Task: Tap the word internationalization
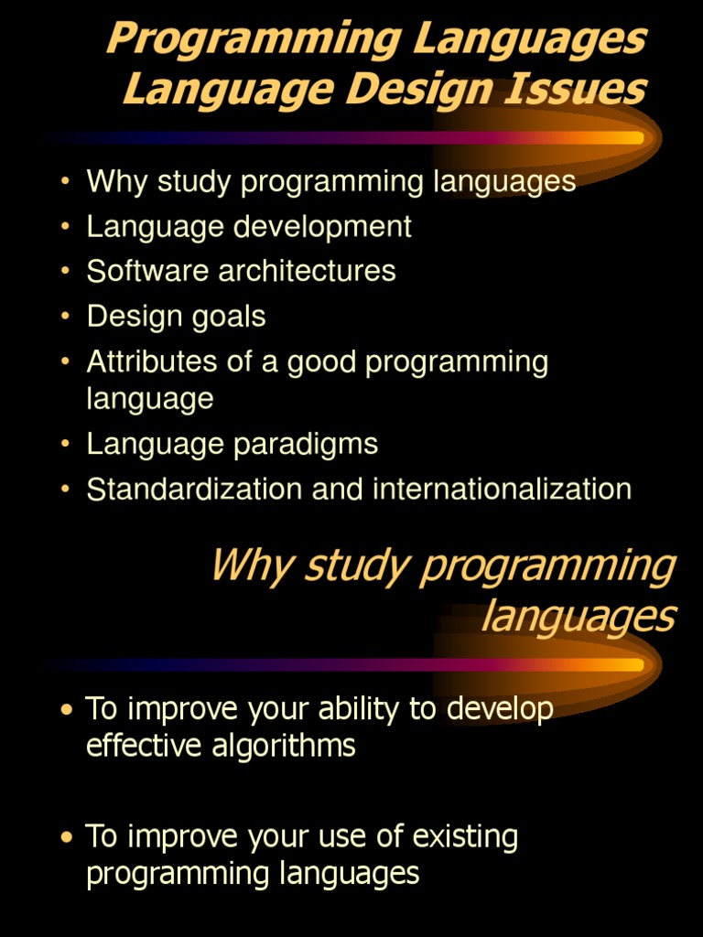pyautogui.click(x=502, y=489)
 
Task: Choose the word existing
pyautogui.click(x=465, y=836)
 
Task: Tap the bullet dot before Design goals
pyautogui.click(x=64, y=317)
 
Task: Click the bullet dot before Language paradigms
pyautogui.click(x=64, y=444)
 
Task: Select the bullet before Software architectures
pyautogui.click(x=64, y=271)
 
